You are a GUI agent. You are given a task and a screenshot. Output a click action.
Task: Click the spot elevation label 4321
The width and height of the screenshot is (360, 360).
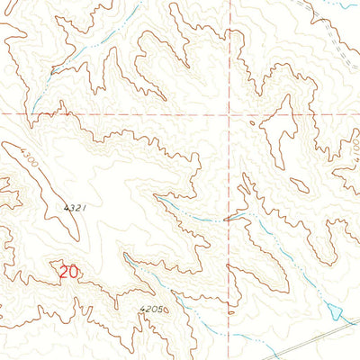pos(75,208)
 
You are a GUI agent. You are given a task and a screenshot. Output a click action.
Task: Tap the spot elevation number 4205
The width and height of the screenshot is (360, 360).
pos(151,310)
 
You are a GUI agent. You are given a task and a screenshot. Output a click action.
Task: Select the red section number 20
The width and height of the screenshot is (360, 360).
pos(68,270)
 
